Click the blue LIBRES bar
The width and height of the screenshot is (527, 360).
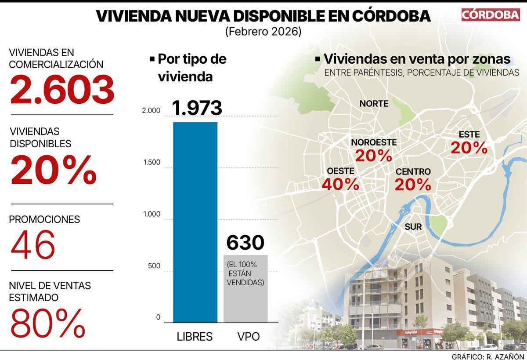195,222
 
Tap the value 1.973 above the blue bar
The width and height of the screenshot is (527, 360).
197,108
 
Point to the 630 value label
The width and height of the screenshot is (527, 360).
245,243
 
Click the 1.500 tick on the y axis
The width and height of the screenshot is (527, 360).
152,163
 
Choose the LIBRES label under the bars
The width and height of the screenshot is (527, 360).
195,337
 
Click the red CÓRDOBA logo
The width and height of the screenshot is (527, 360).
490,15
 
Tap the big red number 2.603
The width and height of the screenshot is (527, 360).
62,90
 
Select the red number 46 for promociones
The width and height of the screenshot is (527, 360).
33,244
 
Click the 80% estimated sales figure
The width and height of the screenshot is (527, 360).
47,323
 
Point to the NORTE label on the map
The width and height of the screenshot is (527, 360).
374,104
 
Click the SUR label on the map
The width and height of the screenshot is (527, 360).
413,227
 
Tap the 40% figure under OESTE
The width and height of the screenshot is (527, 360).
340,184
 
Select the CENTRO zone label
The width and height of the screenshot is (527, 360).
413,171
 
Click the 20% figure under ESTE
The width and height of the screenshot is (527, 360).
469,148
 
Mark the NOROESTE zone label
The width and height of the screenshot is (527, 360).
374,142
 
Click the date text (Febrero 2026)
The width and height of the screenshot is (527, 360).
263,32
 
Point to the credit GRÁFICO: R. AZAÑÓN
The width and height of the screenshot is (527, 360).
487,356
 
